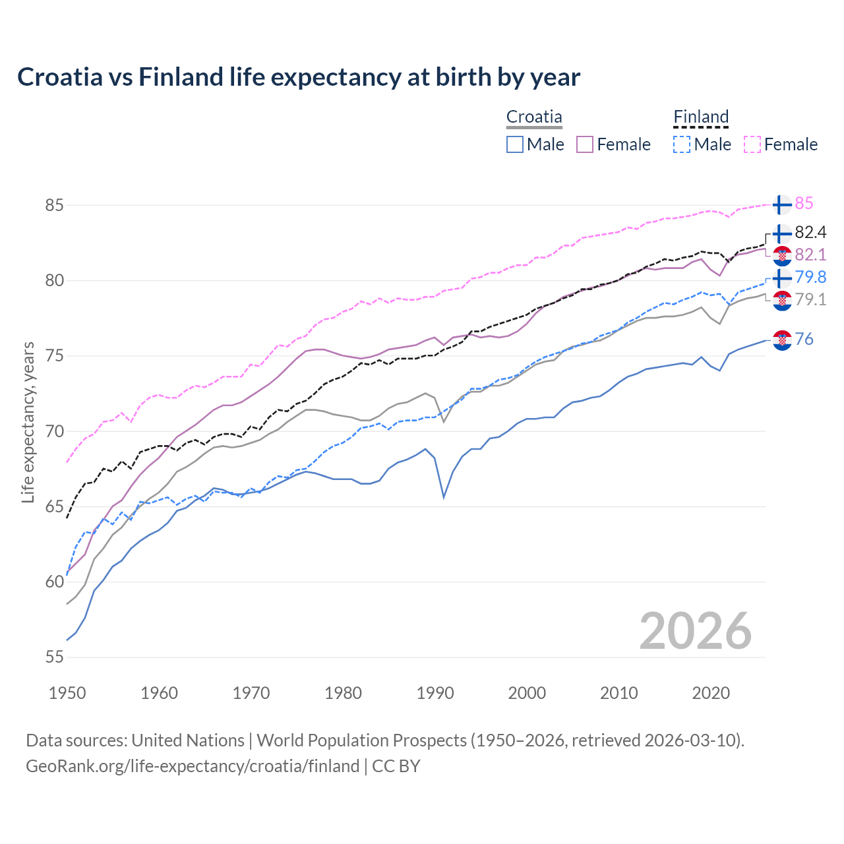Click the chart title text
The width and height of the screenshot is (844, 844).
[x=299, y=77]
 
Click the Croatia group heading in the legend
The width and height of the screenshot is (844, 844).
[x=534, y=117]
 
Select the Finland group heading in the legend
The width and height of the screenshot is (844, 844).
[x=701, y=117]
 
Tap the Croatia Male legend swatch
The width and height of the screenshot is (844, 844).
[x=515, y=144]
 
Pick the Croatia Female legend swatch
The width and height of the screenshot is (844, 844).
[x=585, y=144]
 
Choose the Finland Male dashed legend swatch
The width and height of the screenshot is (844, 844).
[x=682, y=144]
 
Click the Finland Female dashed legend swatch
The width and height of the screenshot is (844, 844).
[x=752, y=144]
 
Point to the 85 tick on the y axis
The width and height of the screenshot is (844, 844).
[x=54, y=205]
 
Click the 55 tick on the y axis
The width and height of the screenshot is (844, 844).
[x=54, y=657]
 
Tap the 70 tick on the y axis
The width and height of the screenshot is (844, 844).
[x=54, y=431]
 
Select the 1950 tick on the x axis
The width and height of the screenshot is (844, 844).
[x=67, y=693]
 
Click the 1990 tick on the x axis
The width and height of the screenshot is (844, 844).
[x=435, y=693]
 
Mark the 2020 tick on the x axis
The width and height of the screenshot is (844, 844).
[x=711, y=693]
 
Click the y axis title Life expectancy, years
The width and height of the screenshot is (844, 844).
[x=28, y=422]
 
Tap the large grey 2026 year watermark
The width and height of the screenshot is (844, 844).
[x=695, y=631]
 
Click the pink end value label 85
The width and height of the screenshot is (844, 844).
[x=804, y=204]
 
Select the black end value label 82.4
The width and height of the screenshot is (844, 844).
[x=810, y=233]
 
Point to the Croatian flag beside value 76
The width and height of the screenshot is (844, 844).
[x=782, y=340]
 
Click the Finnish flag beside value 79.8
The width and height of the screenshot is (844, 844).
[x=782, y=278]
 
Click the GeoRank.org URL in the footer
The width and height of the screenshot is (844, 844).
[x=193, y=766]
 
